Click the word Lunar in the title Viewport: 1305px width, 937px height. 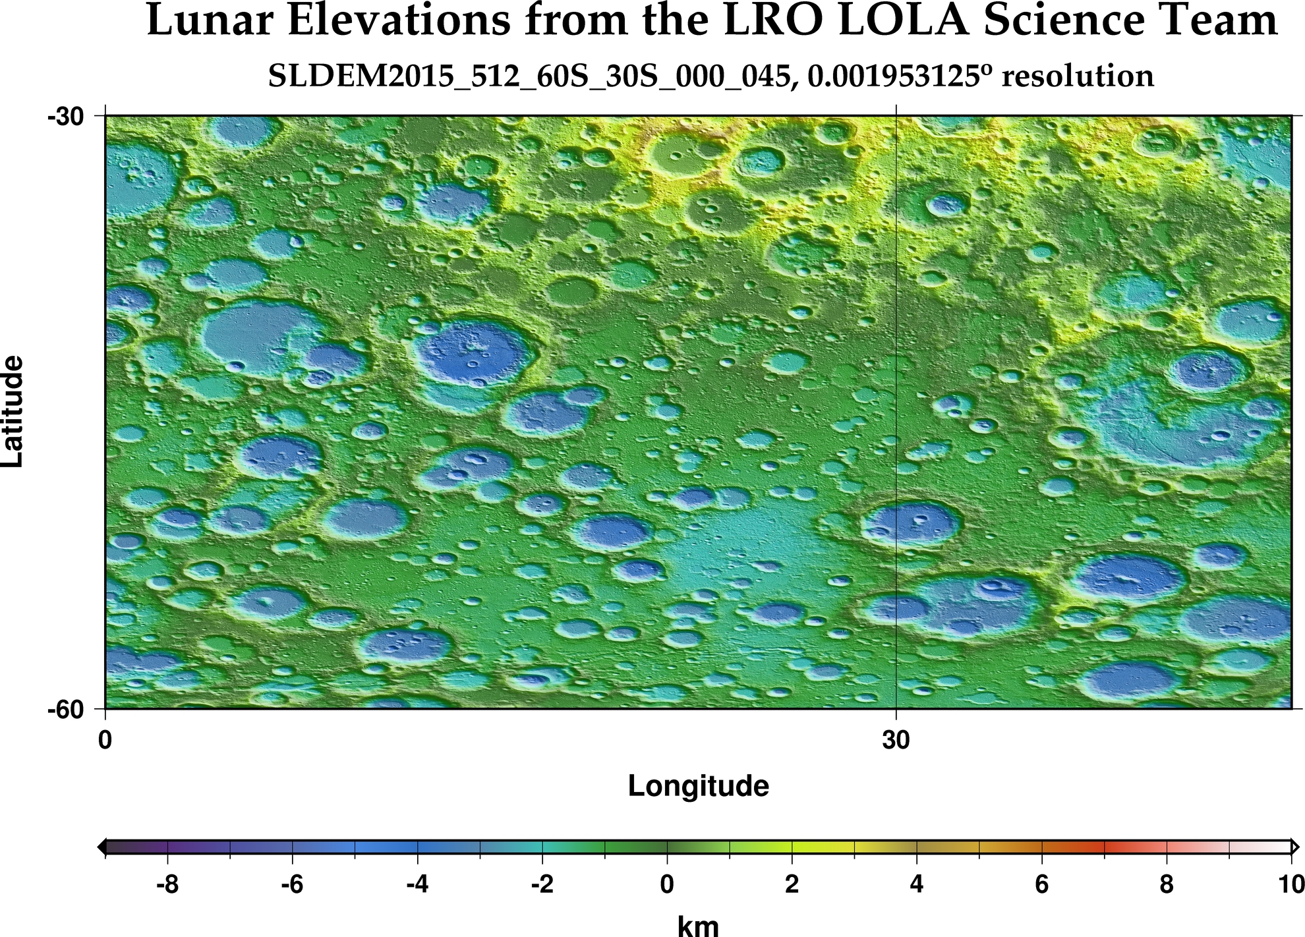pyautogui.click(x=208, y=21)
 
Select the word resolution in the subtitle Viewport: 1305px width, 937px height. pyautogui.click(x=1077, y=77)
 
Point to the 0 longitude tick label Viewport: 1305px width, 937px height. pyautogui.click(x=105, y=740)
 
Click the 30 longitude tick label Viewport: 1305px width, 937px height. pyautogui.click(x=896, y=740)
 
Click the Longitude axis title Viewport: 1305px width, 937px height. pyautogui.click(x=698, y=786)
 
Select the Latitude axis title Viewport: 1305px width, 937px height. pyautogui.click(x=13, y=412)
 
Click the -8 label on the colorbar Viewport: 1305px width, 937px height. pyautogui.click(x=167, y=884)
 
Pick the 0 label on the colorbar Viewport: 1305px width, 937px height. pyautogui.click(x=667, y=884)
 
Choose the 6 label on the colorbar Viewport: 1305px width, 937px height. pyautogui.click(x=1041, y=884)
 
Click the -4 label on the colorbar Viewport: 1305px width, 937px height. pyautogui.click(x=417, y=884)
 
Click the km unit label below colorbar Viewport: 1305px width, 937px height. pyautogui.click(x=698, y=925)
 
